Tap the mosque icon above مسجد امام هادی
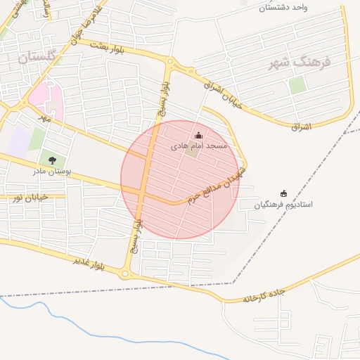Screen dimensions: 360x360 (198, 136)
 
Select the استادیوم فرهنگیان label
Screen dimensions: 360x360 (284, 205)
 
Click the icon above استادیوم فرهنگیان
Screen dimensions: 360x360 (283, 193)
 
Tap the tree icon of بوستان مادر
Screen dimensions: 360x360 (52, 160)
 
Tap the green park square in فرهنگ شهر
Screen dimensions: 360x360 (297, 85)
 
